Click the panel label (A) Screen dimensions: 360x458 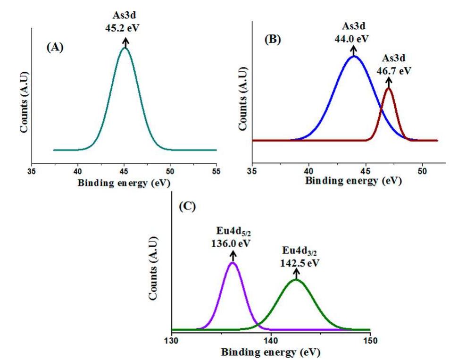[56, 48]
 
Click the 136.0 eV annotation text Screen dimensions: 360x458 [232, 245]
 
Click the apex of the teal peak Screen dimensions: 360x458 [125, 48]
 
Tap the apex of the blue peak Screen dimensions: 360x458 [354, 57]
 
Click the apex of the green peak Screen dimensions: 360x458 [296, 280]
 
